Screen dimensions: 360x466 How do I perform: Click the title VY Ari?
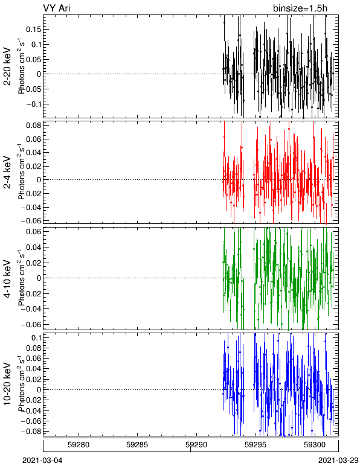click(57, 8)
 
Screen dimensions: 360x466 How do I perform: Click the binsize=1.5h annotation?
click(300, 8)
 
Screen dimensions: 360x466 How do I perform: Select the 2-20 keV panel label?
click(7, 66)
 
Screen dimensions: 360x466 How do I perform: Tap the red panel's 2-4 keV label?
click(7, 173)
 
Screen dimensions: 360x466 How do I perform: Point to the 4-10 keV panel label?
click(7, 279)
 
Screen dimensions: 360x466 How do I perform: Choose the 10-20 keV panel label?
click(7, 384)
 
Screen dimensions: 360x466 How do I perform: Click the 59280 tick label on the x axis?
click(79, 445)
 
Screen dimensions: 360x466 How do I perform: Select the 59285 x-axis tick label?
click(137, 445)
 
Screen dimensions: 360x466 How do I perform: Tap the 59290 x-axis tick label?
click(196, 445)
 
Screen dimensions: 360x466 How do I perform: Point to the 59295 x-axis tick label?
click(256, 445)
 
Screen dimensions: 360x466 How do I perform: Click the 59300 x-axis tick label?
click(315, 445)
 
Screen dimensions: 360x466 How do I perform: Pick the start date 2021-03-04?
click(42, 461)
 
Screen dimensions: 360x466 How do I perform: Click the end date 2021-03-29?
click(338, 461)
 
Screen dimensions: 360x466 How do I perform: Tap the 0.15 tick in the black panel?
click(34, 30)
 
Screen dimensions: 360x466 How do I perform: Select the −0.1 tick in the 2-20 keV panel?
click(34, 104)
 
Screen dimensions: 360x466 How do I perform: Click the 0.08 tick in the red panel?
click(34, 126)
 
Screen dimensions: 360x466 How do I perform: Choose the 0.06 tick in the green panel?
click(34, 232)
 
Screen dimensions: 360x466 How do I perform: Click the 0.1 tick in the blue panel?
click(36, 338)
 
